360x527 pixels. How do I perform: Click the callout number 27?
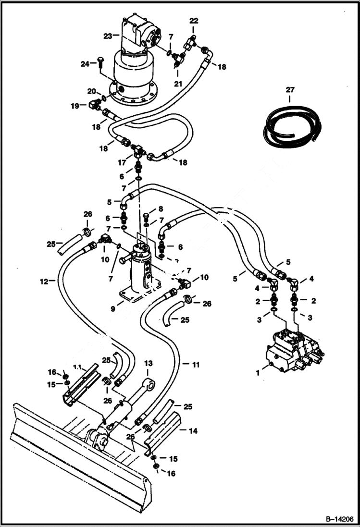[x=290, y=89]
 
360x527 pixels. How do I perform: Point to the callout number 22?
[x=193, y=21]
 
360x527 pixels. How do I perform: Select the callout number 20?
[x=91, y=91]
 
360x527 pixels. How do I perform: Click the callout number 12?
[x=44, y=282]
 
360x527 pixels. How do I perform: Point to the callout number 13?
[x=148, y=364]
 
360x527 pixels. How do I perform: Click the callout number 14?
[x=192, y=431]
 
